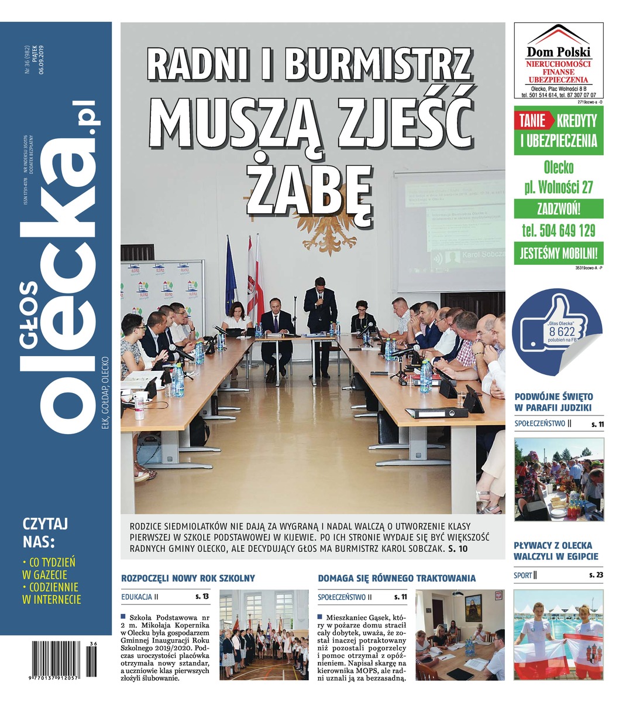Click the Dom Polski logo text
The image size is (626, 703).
click(559, 52)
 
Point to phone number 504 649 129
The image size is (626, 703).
click(559, 230)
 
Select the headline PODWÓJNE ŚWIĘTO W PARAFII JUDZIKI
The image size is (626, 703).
click(553, 402)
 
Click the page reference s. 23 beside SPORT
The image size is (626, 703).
click(596, 575)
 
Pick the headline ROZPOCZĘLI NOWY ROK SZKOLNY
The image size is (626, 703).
click(188, 578)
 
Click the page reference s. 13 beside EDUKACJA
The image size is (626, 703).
click(202, 597)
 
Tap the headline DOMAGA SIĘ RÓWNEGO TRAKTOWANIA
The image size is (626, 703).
click(397, 578)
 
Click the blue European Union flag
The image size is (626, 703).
click(230, 275)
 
